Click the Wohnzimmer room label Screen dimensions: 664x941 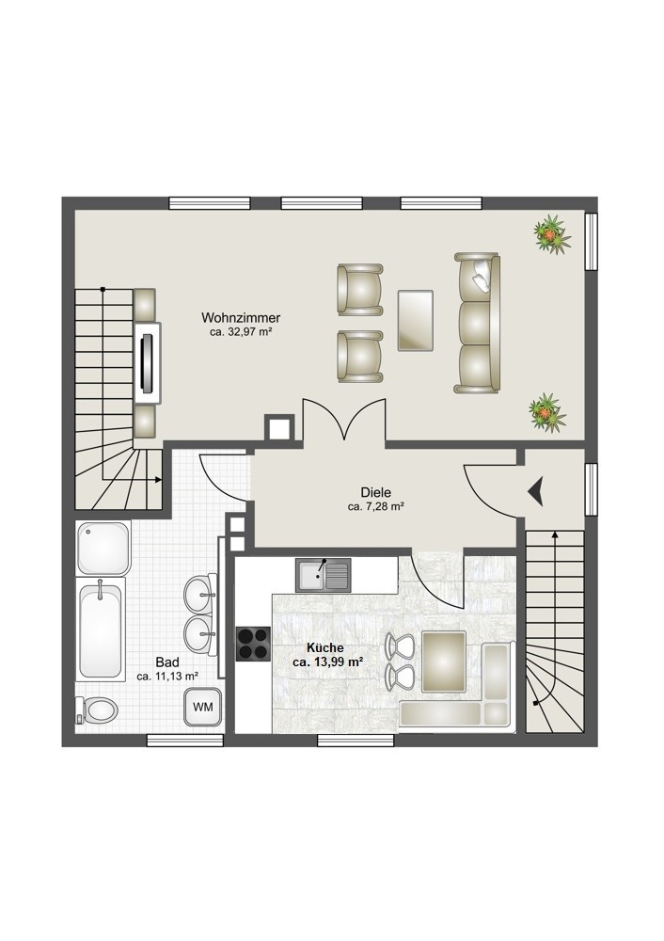[x=241, y=317]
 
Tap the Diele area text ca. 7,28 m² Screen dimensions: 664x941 [x=375, y=506]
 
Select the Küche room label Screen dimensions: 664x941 [x=325, y=647]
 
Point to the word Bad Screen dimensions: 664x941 [x=167, y=662]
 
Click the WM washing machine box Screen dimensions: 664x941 [x=203, y=707]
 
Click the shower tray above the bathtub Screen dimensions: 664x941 [x=103, y=548]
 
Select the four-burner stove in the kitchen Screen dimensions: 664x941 [x=253, y=644]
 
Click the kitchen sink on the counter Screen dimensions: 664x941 [x=323, y=575]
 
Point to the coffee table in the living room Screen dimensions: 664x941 [x=415, y=320]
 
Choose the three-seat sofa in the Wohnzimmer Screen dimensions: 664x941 [x=477, y=322]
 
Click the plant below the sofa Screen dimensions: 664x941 [x=546, y=412]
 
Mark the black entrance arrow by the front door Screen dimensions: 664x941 [x=536, y=491]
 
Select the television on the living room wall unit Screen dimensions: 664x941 [x=148, y=362]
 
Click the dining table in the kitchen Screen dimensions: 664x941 [x=445, y=661]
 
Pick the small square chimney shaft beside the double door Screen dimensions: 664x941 [x=279, y=428]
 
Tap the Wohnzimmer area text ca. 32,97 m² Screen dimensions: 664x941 [x=241, y=331]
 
